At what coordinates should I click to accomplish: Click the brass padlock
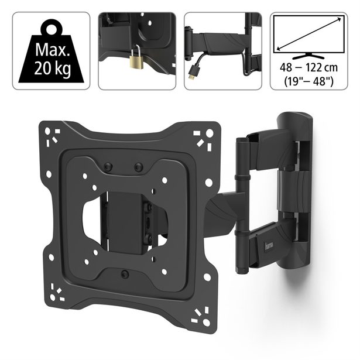pyautogui.click(x=137, y=61)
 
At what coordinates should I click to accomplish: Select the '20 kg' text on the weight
pyautogui.click(x=52, y=68)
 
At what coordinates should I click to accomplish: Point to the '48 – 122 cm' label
pyautogui.click(x=309, y=67)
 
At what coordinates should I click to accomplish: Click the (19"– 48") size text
pyautogui.click(x=309, y=81)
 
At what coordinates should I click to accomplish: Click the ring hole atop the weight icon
pyautogui.click(x=52, y=29)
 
